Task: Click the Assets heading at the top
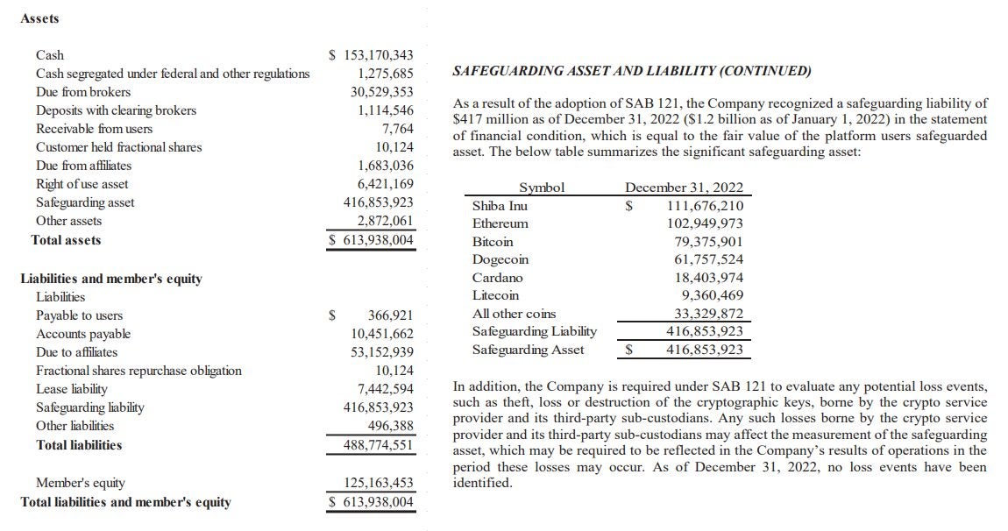[x=39, y=18]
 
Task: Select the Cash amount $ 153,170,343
[x=371, y=55]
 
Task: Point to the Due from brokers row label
[x=83, y=92]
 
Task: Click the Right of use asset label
[x=82, y=184]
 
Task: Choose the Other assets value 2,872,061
[x=381, y=221]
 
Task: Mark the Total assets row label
[x=66, y=240]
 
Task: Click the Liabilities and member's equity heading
[x=111, y=279]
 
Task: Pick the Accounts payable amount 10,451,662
[x=381, y=334]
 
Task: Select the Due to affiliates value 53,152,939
[x=381, y=352]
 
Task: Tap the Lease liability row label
[x=72, y=389]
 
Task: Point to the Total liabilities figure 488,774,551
[x=378, y=445]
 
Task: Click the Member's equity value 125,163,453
[x=378, y=483]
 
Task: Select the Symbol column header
[x=542, y=188]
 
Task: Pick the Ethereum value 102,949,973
[x=705, y=223]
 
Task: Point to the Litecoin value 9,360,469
[x=712, y=295]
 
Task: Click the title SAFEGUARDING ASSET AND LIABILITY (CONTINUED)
[x=631, y=71]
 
